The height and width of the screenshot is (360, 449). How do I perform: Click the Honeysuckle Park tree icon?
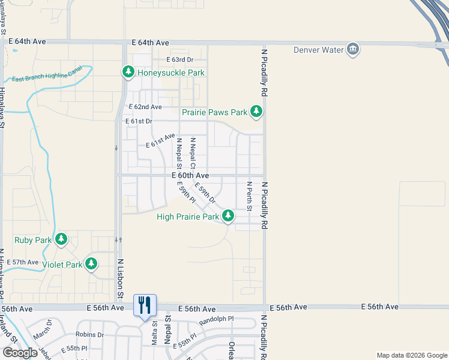pyautogui.click(x=128, y=73)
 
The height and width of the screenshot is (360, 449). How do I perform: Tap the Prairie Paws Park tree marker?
pyautogui.click(x=256, y=112)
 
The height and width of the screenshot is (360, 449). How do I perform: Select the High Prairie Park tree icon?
pyautogui.click(x=228, y=216)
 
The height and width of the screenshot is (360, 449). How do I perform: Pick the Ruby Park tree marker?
pyautogui.click(x=61, y=239)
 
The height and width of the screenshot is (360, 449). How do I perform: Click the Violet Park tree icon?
pyautogui.click(x=91, y=263)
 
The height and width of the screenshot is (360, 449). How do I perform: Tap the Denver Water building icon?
pyautogui.click(x=353, y=49)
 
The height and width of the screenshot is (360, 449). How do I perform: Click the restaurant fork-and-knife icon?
pyautogui.click(x=145, y=305)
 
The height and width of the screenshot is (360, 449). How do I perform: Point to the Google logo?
pyautogui.click(x=20, y=353)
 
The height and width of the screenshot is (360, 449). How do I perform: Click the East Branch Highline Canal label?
pyautogui.click(x=46, y=78)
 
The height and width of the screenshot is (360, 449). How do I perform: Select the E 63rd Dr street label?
pyautogui.click(x=180, y=60)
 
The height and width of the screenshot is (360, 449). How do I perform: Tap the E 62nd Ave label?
pyautogui.click(x=145, y=107)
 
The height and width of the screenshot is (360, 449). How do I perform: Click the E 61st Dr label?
pyautogui.click(x=139, y=121)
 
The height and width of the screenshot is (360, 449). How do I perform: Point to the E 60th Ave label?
pyautogui.click(x=190, y=175)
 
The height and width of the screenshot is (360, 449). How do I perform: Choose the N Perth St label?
pyautogui.click(x=249, y=195)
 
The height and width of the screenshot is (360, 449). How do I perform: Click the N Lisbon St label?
pyautogui.click(x=120, y=278)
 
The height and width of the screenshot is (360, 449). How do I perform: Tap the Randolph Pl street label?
pyautogui.click(x=217, y=319)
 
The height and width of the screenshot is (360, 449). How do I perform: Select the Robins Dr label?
pyautogui.click(x=90, y=335)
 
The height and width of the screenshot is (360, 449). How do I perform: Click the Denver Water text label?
pyautogui.click(x=318, y=50)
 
